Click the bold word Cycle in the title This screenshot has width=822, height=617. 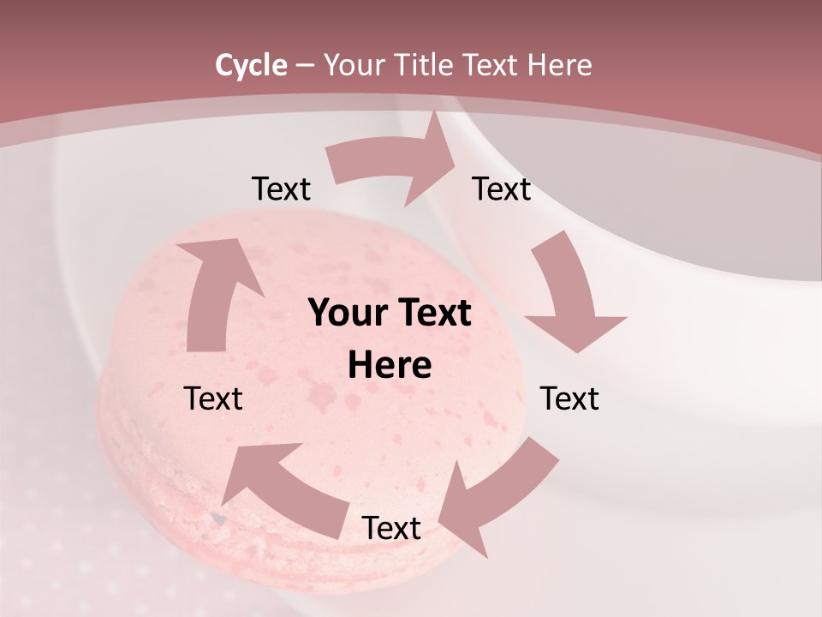[x=251, y=65]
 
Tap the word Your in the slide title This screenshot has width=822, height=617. [x=354, y=65]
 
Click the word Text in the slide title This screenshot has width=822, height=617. [x=491, y=65]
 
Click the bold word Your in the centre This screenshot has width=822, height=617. [x=347, y=314]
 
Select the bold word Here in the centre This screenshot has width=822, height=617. [x=390, y=366]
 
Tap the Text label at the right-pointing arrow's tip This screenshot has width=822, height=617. [x=502, y=189]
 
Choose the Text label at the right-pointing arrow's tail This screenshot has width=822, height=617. [x=281, y=189]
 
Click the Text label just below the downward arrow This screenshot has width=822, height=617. [x=569, y=398]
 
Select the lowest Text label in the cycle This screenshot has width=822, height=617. [x=391, y=528]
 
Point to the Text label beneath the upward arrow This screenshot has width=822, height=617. [x=213, y=398]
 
